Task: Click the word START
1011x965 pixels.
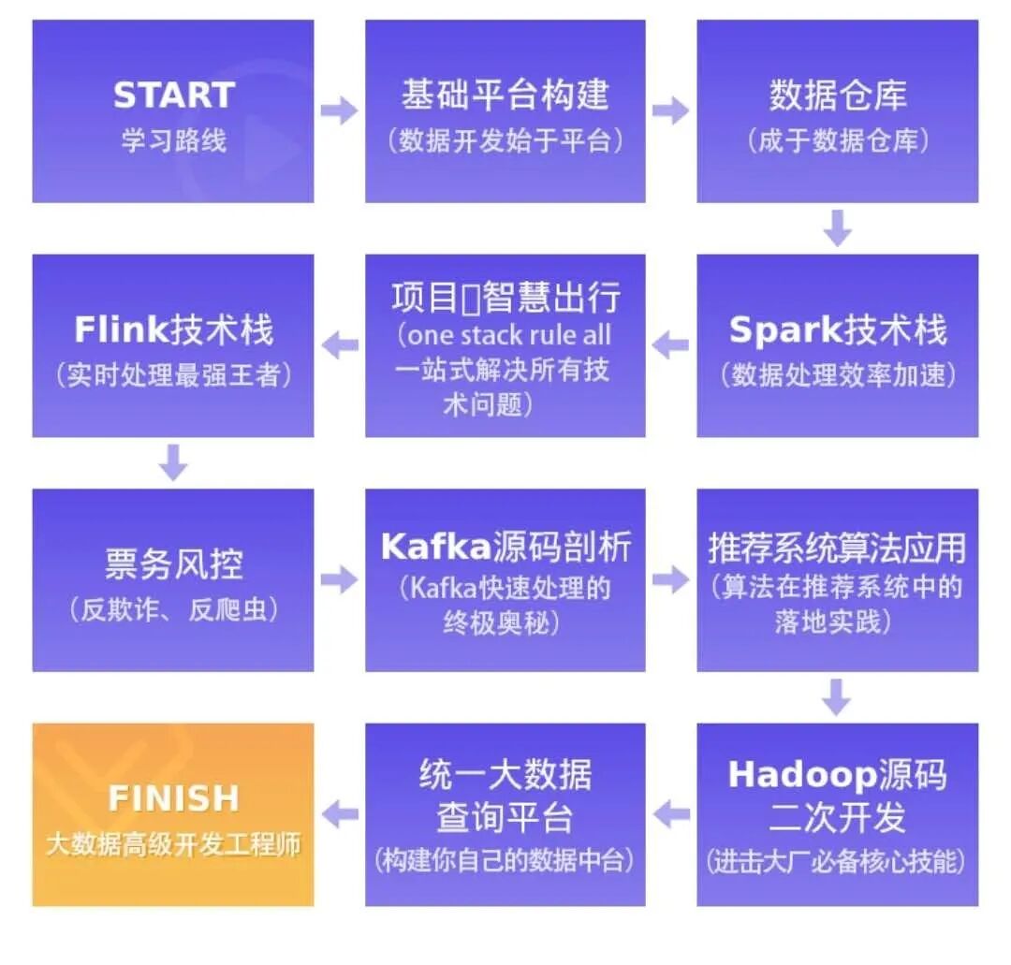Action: tap(173, 95)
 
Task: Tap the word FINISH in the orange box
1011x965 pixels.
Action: tap(173, 798)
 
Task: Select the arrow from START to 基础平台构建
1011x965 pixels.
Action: tap(339, 111)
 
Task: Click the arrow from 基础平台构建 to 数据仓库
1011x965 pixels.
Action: tap(670, 111)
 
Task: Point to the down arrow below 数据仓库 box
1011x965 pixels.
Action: tap(837, 227)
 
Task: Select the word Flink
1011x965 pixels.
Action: tap(122, 330)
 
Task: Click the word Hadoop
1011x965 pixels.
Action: tap(801, 775)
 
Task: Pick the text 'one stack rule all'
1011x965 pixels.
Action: tap(505, 335)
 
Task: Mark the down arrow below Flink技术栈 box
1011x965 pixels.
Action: tap(173, 462)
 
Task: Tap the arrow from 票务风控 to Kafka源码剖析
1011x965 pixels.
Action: tap(339, 580)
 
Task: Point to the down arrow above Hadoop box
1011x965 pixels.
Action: tap(837, 696)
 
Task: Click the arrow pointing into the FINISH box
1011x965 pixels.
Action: tap(339, 814)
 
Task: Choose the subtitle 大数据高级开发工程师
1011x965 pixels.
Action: tap(173, 843)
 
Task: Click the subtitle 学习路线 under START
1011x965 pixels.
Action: tap(173, 140)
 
